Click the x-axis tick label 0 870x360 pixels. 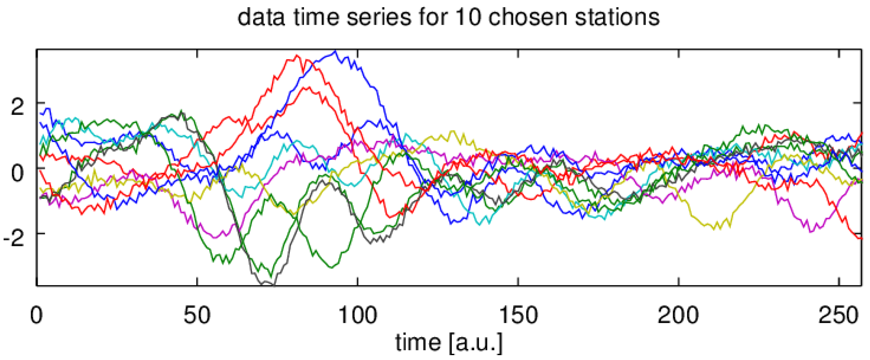[x=36, y=315]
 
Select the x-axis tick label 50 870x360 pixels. [x=197, y=315]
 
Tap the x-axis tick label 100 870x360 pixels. [x=357, y=315]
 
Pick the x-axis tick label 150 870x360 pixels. [x=518, y=315]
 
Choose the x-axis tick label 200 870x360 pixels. [x=678, y=315]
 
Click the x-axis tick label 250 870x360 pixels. [x=838, y=315]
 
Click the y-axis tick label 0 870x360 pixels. [x=18, y=173]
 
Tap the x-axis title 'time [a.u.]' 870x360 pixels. [x=449, y=342]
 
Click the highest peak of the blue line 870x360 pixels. [x=335, y=51]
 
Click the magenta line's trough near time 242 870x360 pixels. [x=811, y=232]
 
